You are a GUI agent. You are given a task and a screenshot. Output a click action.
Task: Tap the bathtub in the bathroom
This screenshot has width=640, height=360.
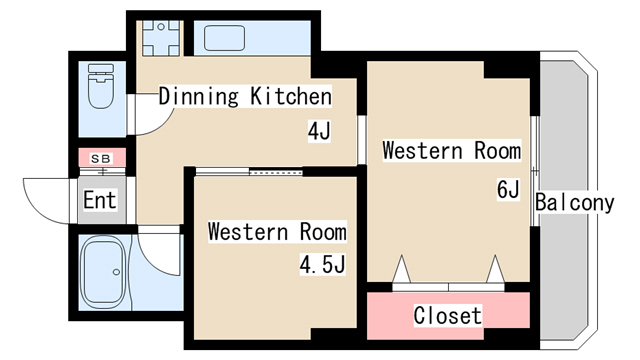tap(103, 272)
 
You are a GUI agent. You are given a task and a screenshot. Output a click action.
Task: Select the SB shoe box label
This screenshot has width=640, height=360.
tap(101, 158)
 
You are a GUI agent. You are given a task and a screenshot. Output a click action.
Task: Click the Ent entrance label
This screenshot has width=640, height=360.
tap(100, 200)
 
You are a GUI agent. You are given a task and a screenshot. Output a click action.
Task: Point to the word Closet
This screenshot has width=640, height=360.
tap(448, 315)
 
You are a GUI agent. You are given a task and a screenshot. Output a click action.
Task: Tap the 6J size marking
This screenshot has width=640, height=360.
tap(508, 189)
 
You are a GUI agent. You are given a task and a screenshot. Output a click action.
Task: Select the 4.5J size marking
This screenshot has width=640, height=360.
tap(322, 266)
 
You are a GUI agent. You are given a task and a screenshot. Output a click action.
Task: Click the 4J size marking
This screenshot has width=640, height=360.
tap(319, 130)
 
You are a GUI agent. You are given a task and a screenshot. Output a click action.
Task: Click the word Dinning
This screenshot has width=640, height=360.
tap(197, 97)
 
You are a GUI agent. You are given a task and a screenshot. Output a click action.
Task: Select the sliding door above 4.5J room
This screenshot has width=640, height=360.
tap(250, 171)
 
